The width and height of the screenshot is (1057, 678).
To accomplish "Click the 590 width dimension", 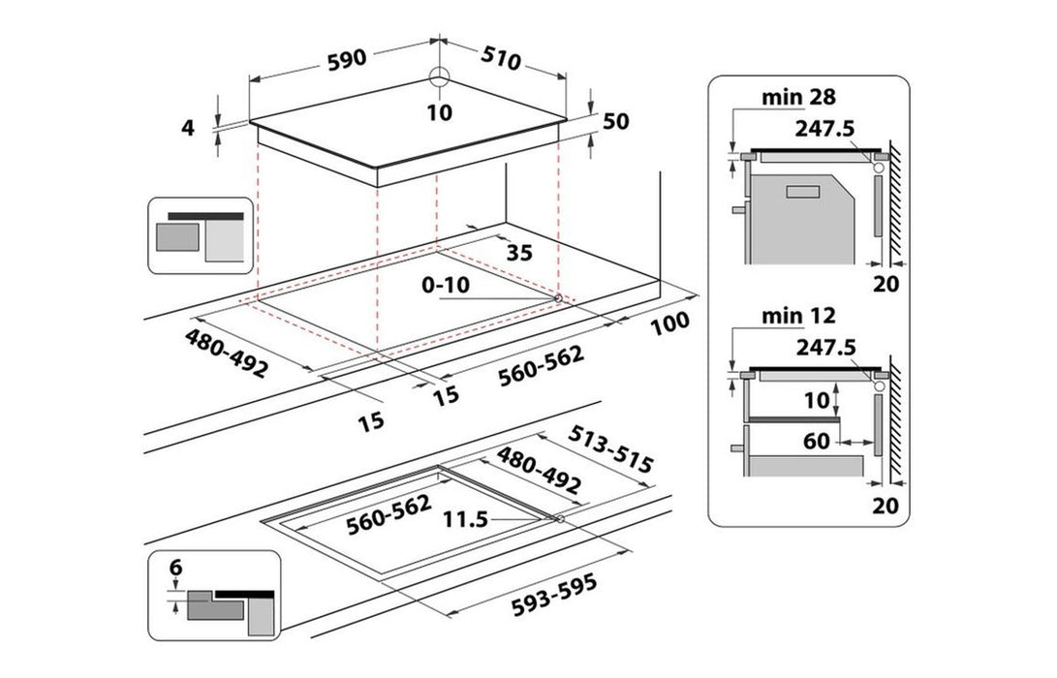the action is (347, 59).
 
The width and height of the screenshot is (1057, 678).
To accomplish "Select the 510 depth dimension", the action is (501, 58).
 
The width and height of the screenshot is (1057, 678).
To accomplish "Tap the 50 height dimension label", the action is (615, 121).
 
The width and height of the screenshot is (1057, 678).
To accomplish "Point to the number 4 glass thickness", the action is (188, 128).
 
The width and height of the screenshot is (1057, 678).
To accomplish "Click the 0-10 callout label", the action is (446, 285).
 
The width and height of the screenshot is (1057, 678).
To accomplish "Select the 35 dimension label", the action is (519, 253).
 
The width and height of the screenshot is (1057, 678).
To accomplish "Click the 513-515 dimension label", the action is (610, 449).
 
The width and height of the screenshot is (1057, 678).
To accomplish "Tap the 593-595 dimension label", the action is (554, 595).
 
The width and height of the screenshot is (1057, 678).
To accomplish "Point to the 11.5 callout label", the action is (465, 519).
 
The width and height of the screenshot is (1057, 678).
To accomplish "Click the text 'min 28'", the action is (799, 97).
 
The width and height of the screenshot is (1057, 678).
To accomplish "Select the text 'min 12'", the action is (799, 316).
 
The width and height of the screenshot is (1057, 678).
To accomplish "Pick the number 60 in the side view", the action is (817, 441).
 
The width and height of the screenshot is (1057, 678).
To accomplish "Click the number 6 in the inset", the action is (176, 568).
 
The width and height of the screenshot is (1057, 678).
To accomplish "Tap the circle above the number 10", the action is (439, 77).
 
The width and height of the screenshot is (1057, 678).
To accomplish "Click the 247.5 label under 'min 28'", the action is (824, 128).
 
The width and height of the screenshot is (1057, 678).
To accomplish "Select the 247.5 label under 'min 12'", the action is (825, 347).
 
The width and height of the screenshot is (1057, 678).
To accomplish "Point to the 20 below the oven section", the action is (886, 284).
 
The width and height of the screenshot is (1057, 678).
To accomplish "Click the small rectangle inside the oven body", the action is (803, 192).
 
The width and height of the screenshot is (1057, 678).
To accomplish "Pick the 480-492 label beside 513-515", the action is (539, 471).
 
